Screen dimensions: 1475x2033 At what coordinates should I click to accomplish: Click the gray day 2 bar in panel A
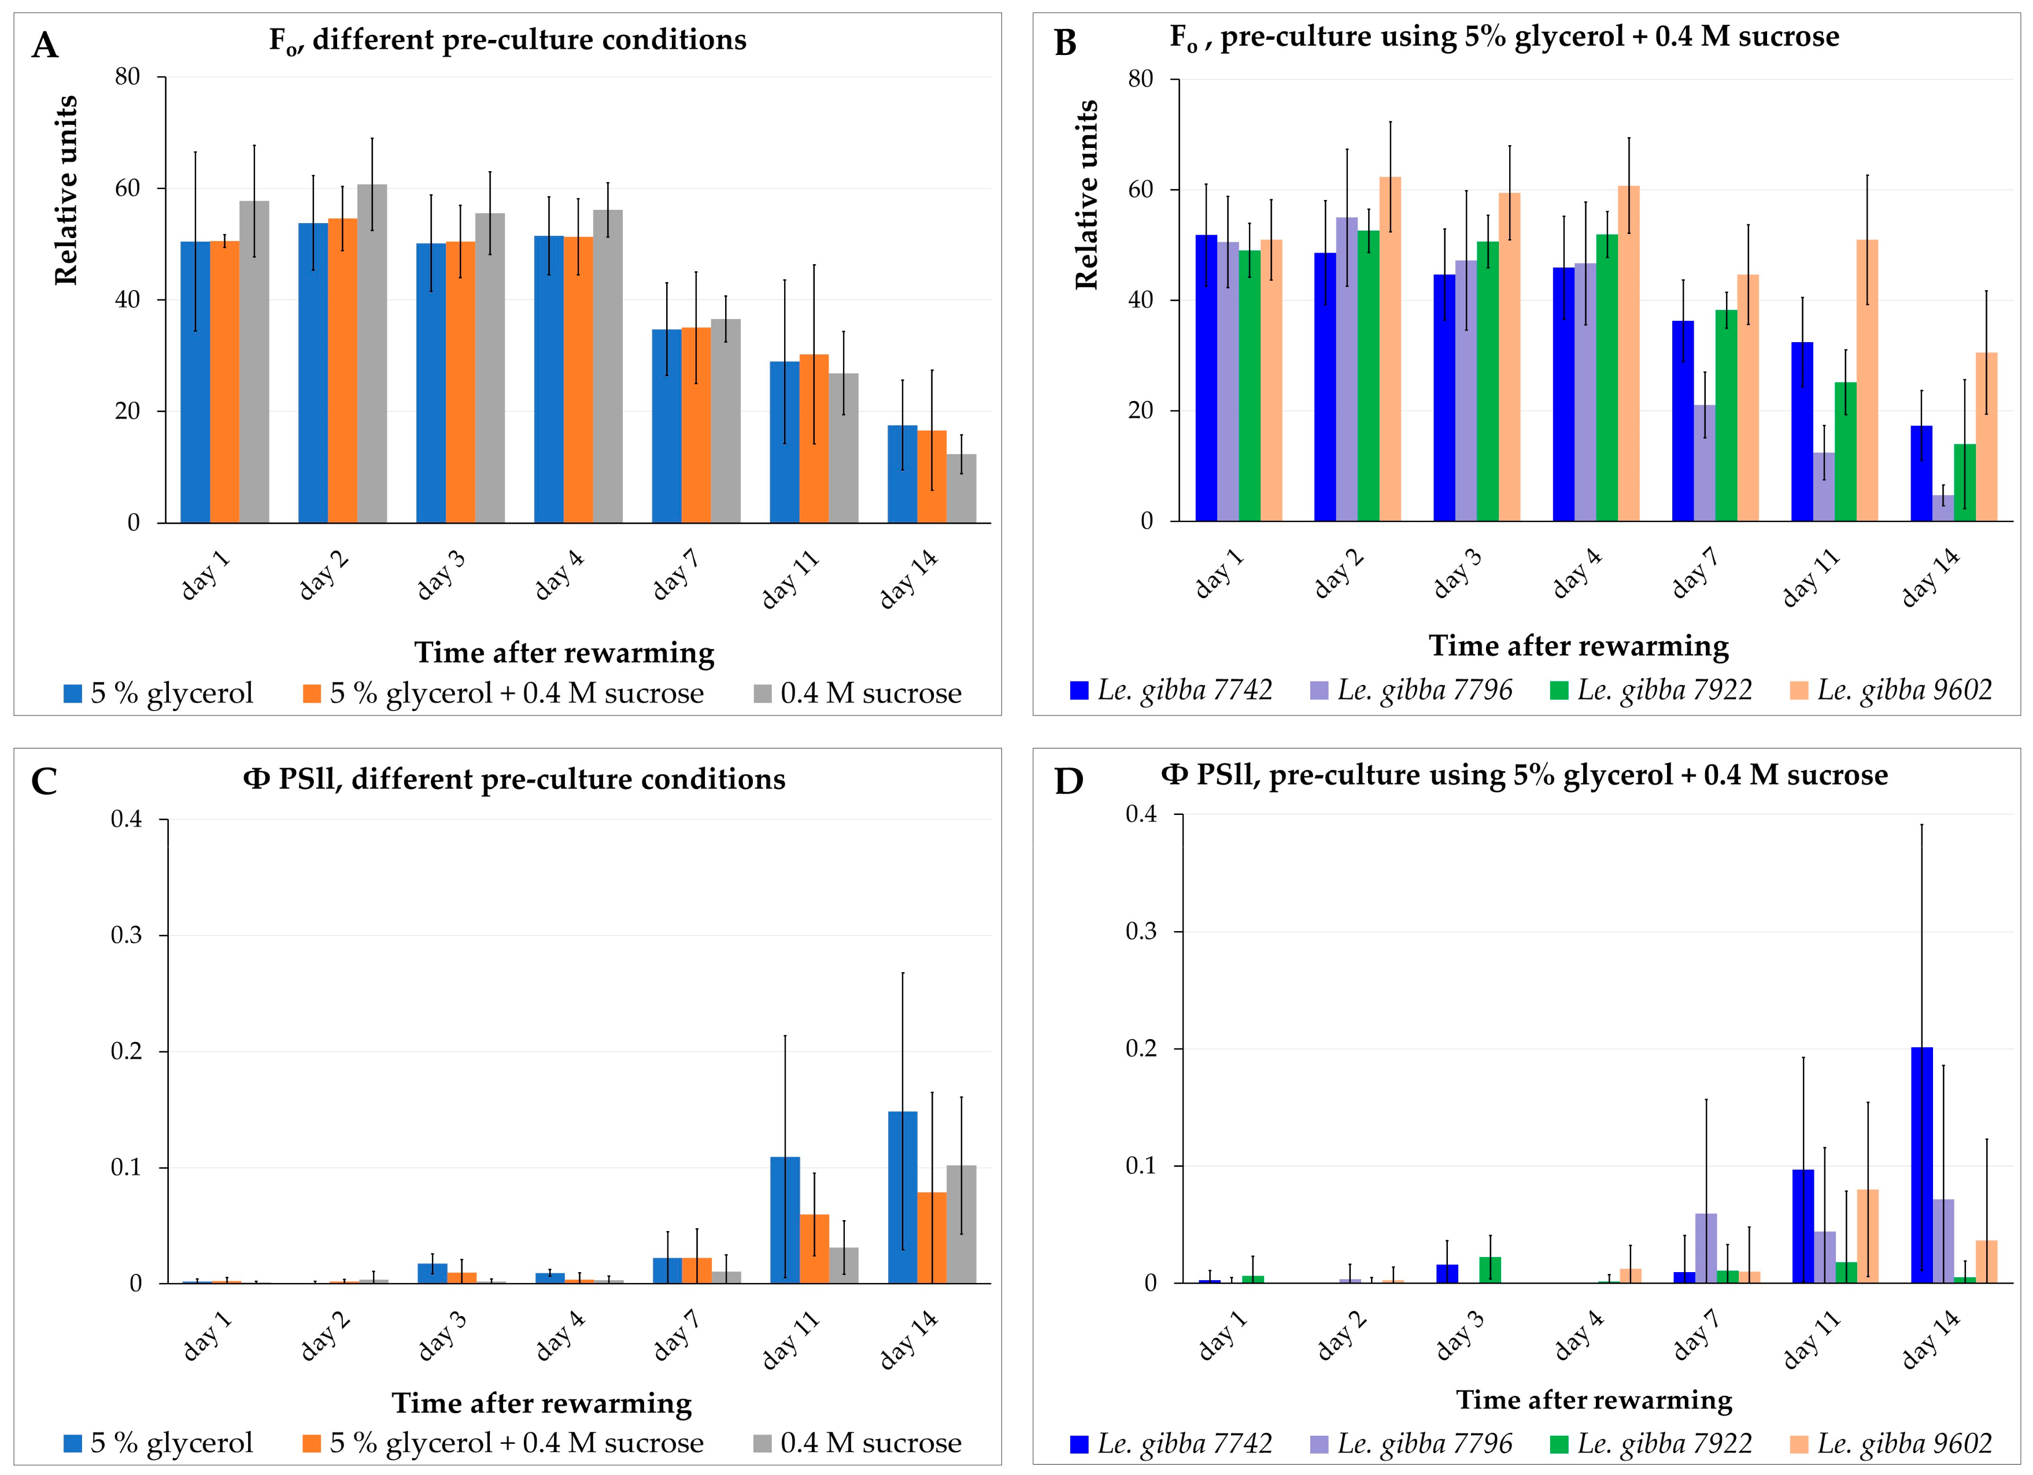[372, 354]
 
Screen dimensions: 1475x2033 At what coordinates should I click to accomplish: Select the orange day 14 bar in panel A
[932, 477]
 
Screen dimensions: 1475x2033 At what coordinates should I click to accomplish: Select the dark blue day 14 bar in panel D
[1922, 1165]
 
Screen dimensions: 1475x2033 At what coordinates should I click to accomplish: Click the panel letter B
[1065, 43]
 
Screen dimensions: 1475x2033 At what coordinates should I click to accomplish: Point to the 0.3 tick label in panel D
[1141, 932]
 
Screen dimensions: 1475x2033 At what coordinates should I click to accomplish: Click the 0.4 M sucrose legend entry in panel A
[858, 694]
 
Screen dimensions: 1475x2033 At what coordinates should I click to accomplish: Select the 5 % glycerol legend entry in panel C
[158, 1443]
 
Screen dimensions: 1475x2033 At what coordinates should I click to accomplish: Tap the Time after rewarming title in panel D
[1594, 1400]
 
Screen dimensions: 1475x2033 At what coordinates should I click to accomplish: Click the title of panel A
[507, 40]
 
